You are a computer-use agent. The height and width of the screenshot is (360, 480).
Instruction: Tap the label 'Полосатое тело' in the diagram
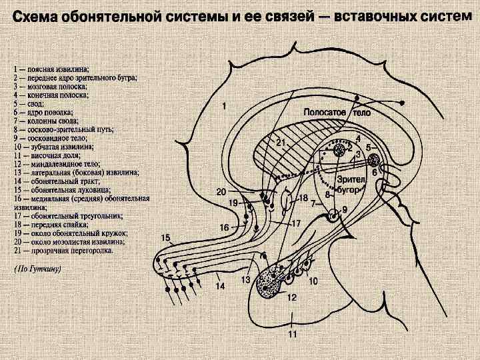pos(337,113)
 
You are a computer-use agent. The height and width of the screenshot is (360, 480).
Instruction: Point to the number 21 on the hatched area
pos(281,143)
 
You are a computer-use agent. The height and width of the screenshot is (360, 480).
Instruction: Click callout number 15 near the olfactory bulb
pos(165,238)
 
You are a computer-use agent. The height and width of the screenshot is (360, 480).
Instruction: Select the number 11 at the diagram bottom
pos(292,334)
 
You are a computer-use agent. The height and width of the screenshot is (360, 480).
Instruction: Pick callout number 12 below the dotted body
pos(292,298)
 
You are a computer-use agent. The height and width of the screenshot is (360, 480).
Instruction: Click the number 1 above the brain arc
pos(225,105)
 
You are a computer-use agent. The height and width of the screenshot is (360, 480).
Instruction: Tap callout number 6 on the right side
pos(375,172)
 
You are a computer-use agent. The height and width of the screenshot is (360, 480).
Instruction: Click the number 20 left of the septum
pos(222,192)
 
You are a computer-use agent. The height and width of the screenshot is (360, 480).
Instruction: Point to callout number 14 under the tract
pos(219,287)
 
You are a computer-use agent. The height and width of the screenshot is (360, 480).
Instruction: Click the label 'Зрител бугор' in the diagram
pos(349,185)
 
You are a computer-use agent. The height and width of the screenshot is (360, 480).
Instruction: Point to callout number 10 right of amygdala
pos(313,281)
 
